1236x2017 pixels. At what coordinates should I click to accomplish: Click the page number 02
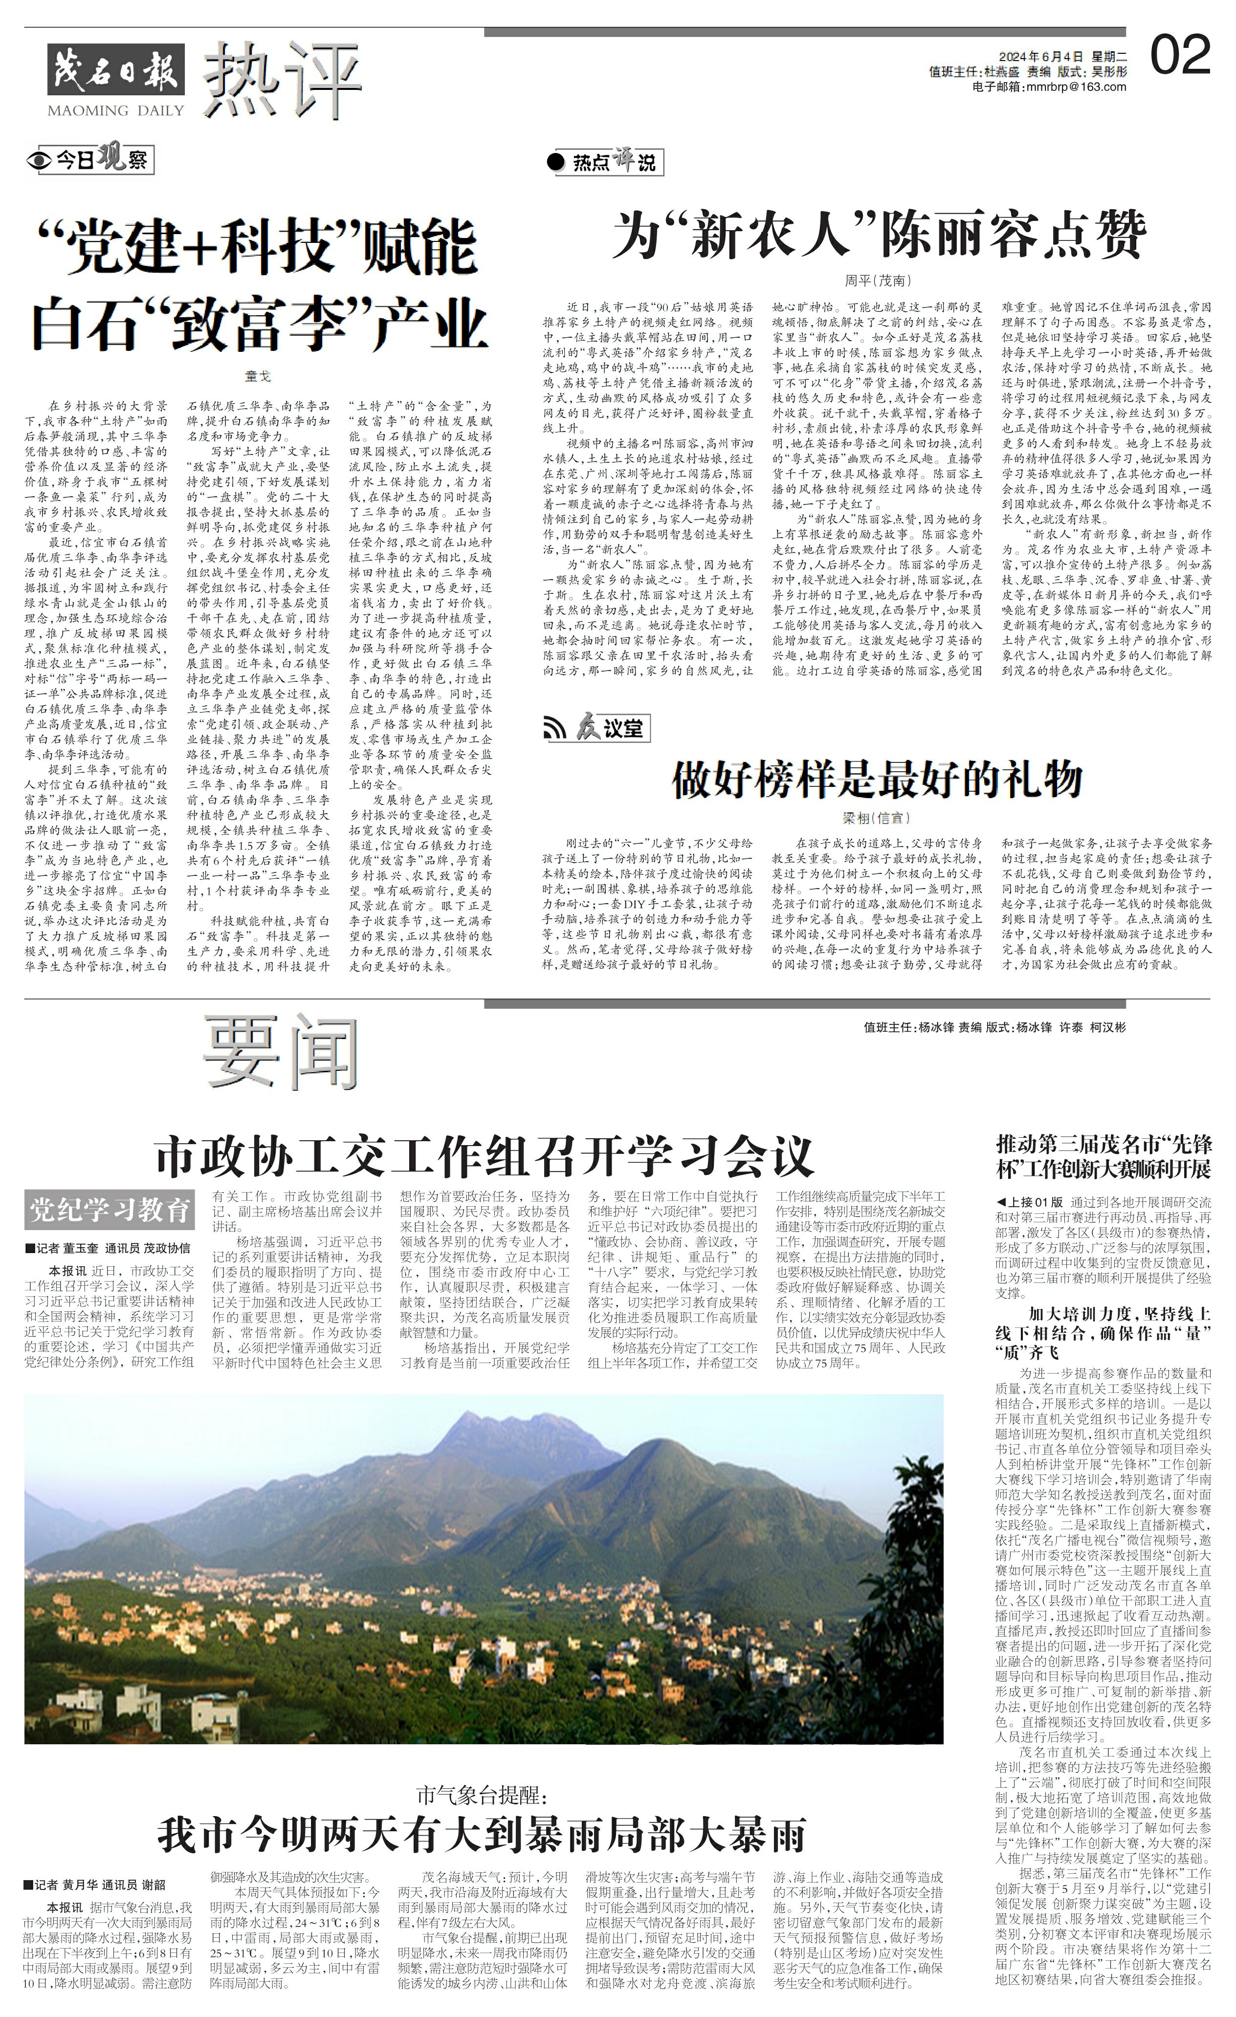[x=1180, y=57]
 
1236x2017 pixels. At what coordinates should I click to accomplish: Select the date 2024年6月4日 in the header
[x=1040, y=57]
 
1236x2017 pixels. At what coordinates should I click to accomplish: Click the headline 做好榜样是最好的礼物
[x=877, y=780]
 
